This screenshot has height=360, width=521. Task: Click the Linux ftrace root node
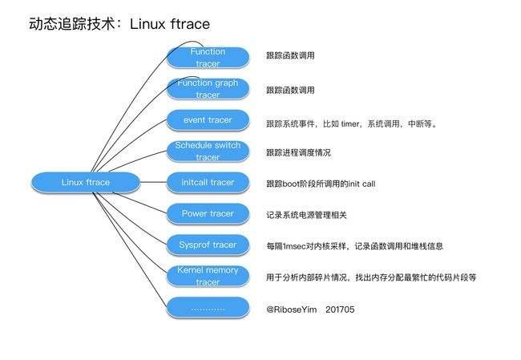point(86,182)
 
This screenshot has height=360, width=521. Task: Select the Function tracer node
point(208,57)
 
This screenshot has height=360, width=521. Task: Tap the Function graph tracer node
point(208,88)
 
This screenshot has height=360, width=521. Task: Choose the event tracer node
point(208,120)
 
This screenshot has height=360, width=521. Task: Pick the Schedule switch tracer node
point(208,151)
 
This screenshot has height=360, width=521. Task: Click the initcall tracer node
point(208,182)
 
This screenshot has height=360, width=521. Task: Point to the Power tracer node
point(208,214)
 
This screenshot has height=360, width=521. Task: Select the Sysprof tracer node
point(208,245)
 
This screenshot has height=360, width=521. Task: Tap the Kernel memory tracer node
point(208,276)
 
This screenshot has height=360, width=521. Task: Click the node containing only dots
point(208,308)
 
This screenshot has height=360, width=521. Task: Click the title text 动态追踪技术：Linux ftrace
point(119,24)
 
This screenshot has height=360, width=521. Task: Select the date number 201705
point(340,309)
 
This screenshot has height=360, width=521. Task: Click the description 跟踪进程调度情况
point(298,152)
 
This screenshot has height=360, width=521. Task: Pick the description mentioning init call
point(321,184)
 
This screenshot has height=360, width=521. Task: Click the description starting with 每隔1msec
point(354,246)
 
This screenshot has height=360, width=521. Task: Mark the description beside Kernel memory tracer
point(371,277)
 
